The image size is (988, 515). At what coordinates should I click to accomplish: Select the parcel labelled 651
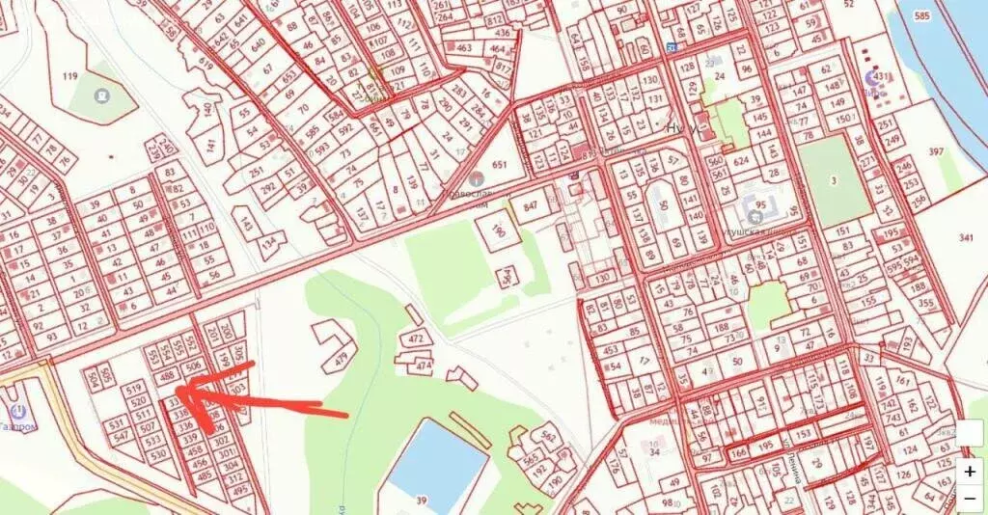pos(500,165)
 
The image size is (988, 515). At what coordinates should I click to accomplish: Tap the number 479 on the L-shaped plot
pos(340,361)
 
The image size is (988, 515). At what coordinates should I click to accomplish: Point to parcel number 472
pos(417,339)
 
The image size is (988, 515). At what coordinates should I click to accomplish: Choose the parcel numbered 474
pos(425,366)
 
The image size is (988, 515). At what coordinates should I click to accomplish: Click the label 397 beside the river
pos(936,151)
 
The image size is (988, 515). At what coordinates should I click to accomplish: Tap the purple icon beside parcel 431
pos(873,78)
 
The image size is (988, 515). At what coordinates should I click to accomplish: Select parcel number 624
pos(743,161)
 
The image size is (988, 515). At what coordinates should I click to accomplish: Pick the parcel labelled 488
pos(167,376)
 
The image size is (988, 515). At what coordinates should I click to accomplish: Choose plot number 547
pos(121,437)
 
